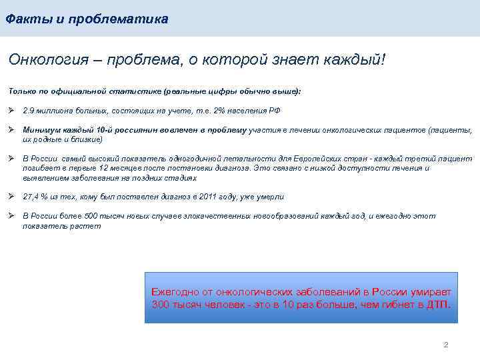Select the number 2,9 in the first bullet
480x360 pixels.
click(x=29, y=111)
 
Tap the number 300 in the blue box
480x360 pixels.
click(x=161, y=305)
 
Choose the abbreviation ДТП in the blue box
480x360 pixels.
click(x=437, y=305)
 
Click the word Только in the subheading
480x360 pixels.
click(x=22, y=91)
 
